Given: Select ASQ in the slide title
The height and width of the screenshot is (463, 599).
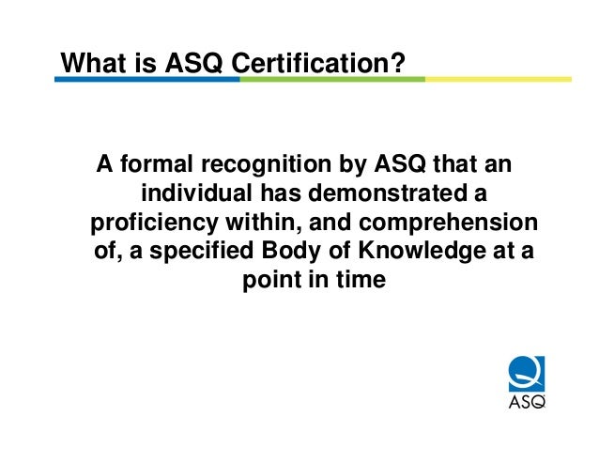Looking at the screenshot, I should (x=192, y=63).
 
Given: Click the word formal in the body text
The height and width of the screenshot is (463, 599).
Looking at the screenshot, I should (x=153, y=166).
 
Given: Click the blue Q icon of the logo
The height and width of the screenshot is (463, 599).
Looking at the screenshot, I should (x=526, y=373).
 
